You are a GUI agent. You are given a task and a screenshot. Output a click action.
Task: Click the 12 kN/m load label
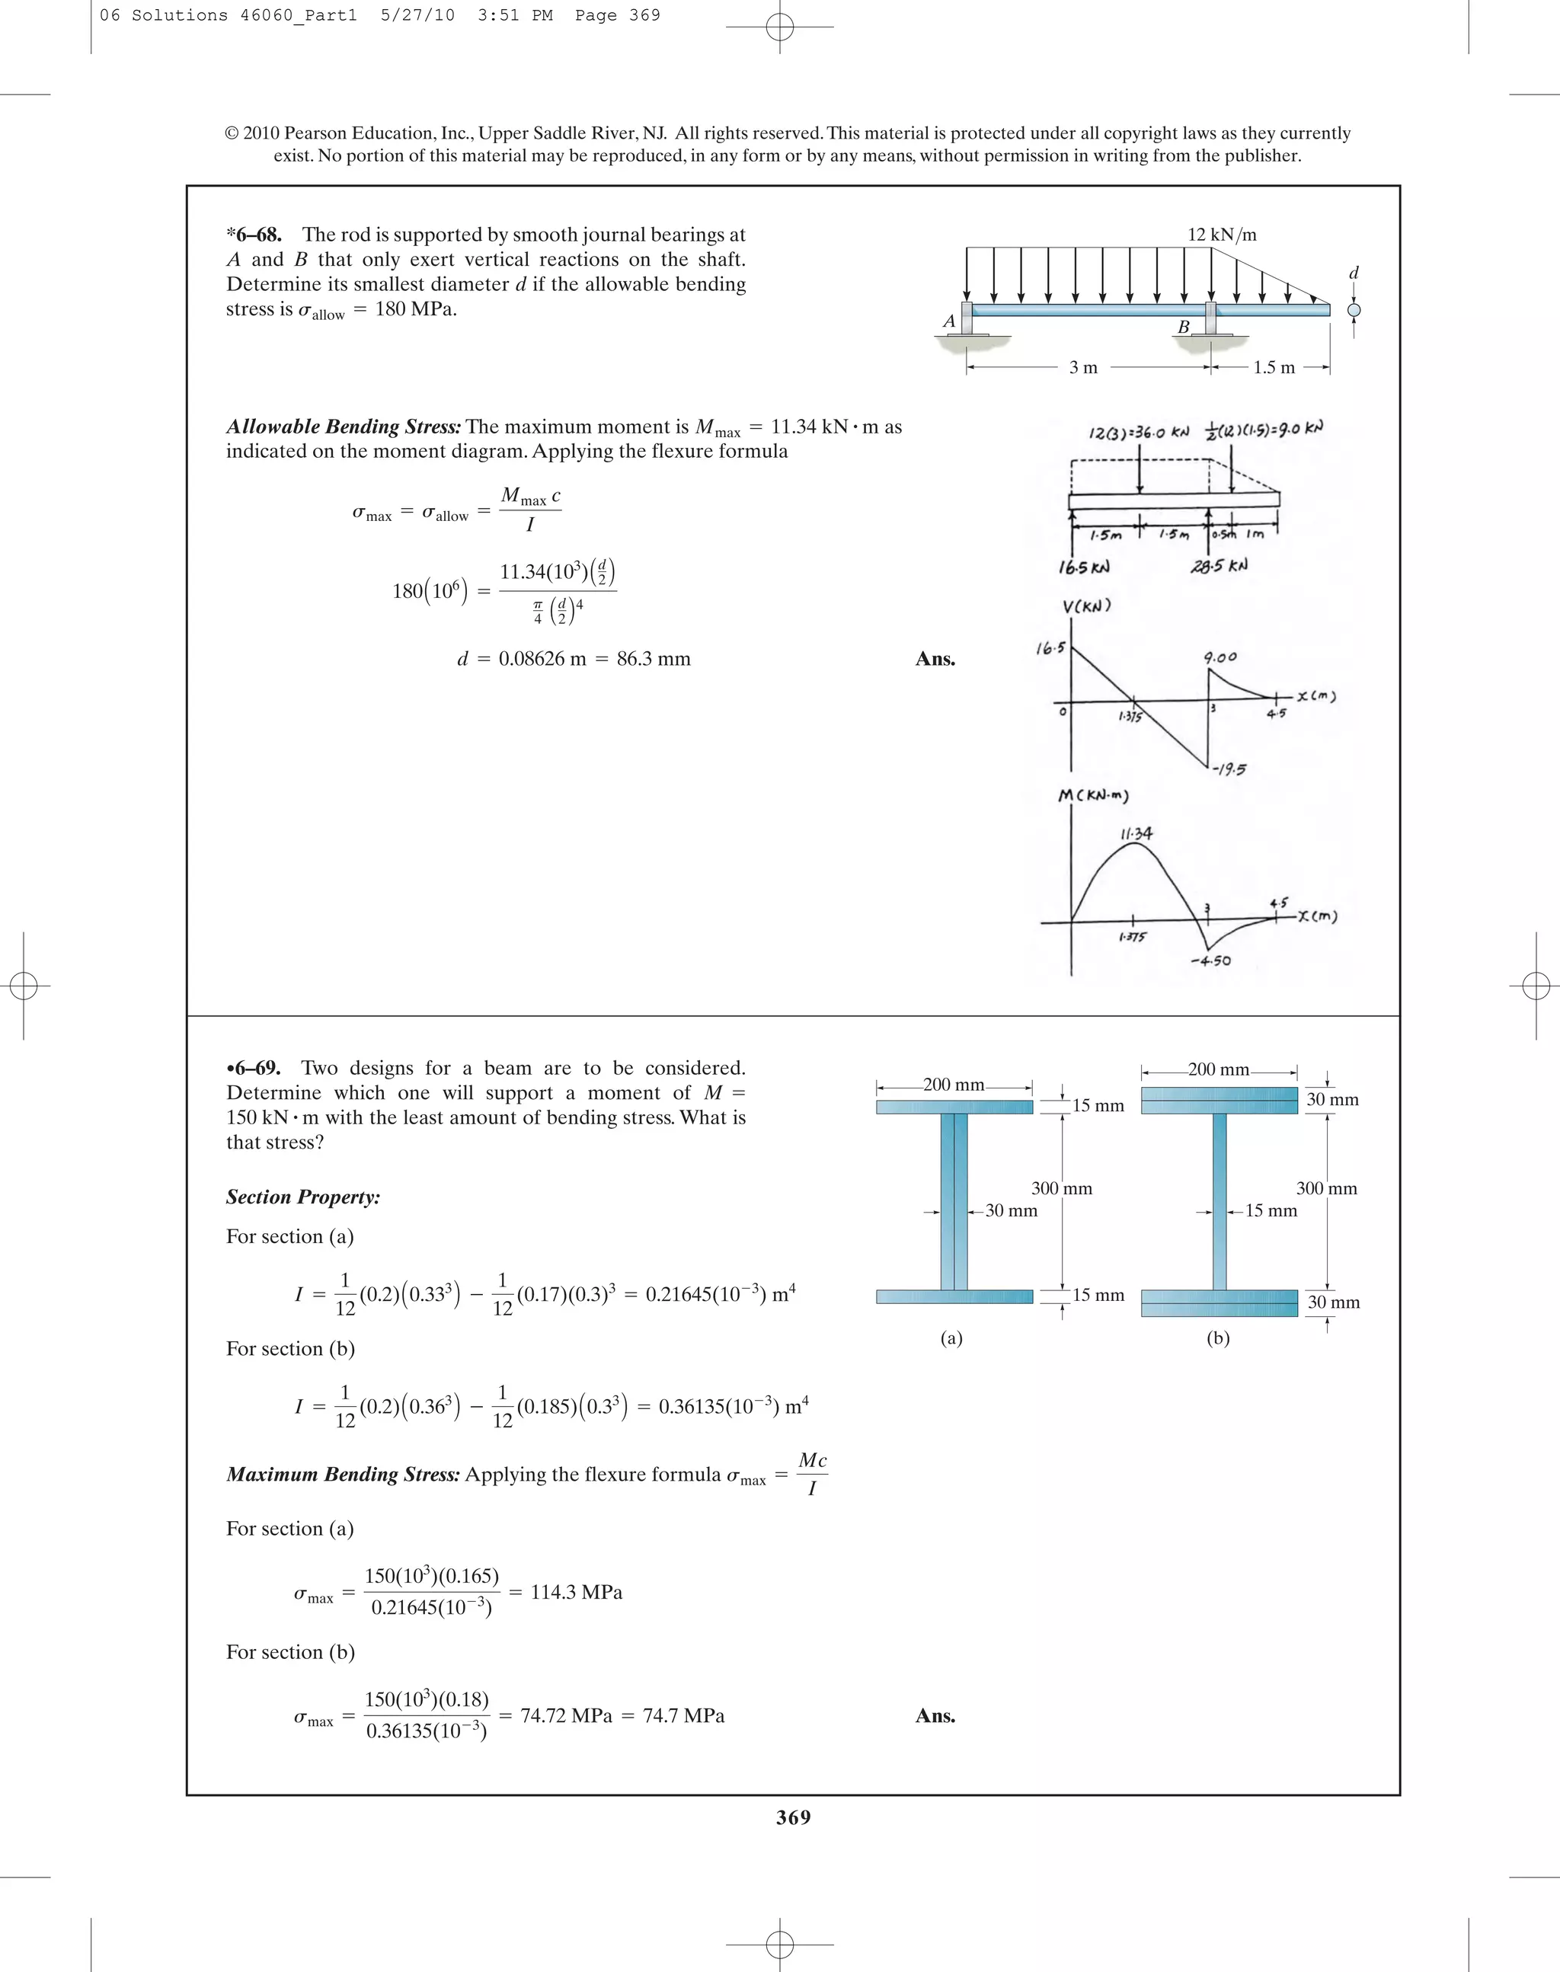[1221, 235]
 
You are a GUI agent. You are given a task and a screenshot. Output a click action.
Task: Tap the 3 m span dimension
[1083, 367]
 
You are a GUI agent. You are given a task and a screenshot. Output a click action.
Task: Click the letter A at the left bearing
[949, 321]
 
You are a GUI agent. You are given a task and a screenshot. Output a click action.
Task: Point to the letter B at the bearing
[1183, 326]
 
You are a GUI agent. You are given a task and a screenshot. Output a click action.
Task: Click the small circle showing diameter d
[1354, 310]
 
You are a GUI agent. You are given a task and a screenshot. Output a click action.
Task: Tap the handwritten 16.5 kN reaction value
[1084, 567]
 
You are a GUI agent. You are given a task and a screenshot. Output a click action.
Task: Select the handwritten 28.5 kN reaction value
[1219, 565]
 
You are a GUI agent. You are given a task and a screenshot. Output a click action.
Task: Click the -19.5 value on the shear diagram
[1229, 769]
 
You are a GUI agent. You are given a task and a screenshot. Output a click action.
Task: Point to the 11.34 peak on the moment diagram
[1136, 833]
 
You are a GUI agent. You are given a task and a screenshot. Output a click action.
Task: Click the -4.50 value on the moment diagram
[1211, 961]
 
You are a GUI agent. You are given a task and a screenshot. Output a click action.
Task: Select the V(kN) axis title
[1086, 606]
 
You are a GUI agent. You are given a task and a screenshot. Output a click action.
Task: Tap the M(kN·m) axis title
[1093, 795]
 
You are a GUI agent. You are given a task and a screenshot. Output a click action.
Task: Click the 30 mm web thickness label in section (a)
[1011, 1210]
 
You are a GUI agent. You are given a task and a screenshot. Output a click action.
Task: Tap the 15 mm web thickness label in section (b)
[1271, 1210]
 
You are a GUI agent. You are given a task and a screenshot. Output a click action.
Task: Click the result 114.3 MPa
[577, 1592]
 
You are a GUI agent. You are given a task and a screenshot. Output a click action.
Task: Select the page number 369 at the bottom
[793, 1817]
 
